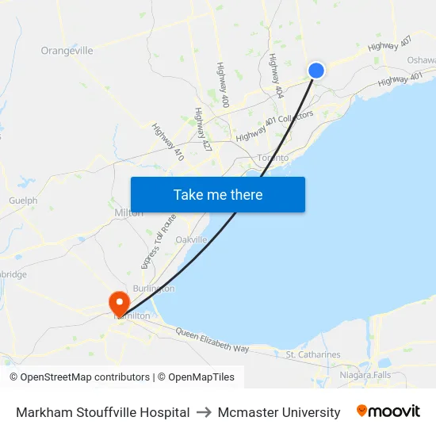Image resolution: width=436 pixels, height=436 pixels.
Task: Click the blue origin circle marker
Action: click(x=316, y=71)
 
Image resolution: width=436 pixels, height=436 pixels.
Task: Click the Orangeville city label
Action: click(x=67, y=51)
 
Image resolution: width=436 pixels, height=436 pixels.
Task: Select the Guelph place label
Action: click(x=23, y=201)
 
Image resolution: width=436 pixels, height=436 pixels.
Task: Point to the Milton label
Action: click(x=128, y=213)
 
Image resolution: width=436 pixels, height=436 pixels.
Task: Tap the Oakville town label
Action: click(x=191, y=239)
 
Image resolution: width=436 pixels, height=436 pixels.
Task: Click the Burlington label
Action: click(x=154, y=289)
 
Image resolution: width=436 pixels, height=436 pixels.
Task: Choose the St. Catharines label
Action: click(x=313, y=354)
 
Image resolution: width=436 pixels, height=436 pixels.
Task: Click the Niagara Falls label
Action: click(x=365, y=374)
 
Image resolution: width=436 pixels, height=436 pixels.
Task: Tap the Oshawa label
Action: click(x=421, y=60)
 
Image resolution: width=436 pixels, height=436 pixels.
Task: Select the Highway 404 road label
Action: click(x=276, y=76)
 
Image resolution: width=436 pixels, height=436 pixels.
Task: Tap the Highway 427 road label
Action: click(x=203, y=130)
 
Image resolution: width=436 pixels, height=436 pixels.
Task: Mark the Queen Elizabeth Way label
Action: click(x=212, y=340)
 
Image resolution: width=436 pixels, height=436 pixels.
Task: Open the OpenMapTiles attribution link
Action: click(x=196, y=377)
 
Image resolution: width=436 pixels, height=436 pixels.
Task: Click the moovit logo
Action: click(x=388, y=411)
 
